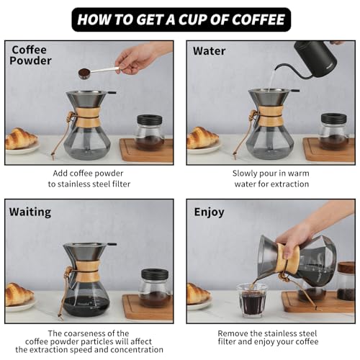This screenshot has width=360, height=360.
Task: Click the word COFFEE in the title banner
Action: (x=258, y=19)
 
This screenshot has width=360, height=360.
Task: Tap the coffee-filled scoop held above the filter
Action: (x=84, y=73)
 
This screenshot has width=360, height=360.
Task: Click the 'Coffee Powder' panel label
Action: (x=30, y=55)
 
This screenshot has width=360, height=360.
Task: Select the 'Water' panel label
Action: (x=209, y=51)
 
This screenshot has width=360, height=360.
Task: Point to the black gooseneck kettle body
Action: (x=316, y=58)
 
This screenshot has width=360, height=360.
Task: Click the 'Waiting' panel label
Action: (x=30, y=212)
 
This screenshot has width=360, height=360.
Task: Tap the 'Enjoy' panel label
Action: (x=209, y=212)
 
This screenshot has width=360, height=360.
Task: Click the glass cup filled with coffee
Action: (x=252, y=300)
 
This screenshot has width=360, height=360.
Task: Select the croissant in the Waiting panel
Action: (x=19, y=294)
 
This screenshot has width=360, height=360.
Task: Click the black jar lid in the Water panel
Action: (x=334, y=117)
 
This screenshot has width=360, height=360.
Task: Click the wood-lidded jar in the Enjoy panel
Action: (x=346, y=282)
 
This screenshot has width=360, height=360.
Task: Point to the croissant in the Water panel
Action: (x=202, y=138)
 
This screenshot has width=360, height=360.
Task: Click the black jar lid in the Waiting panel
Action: (x=155, y=274)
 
